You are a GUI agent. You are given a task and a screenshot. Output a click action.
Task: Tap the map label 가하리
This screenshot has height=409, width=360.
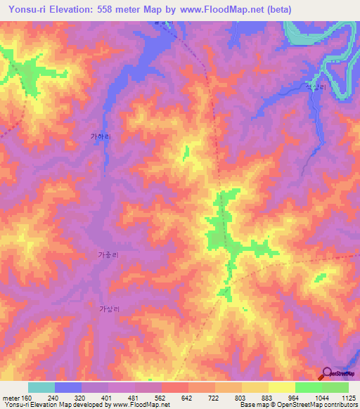point(101,138)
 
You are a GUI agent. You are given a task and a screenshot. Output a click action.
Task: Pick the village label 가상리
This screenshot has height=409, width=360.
point(110,309)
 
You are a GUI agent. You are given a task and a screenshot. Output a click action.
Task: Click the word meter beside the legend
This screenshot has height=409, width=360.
point(11,398)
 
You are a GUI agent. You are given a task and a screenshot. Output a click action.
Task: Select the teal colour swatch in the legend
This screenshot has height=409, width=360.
point(41,387)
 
